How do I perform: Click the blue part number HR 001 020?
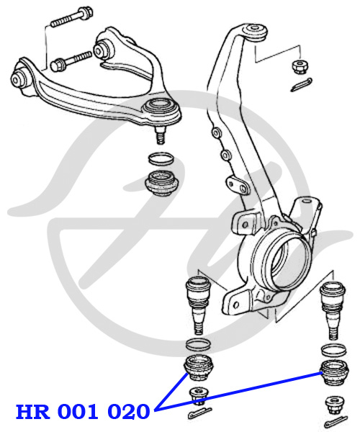[83, 411]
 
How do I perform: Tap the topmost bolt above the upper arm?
[72, 17]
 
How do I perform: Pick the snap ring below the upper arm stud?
[161, 158]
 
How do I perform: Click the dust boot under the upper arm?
[162, 183]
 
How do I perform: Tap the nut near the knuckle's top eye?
[299, 66]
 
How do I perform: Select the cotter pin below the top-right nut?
[302, 84]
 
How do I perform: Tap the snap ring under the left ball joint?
[198, 344]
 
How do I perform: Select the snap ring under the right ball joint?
[333, 350]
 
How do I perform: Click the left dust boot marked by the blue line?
[198, 368]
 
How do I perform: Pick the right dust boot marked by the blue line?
[334, 373]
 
